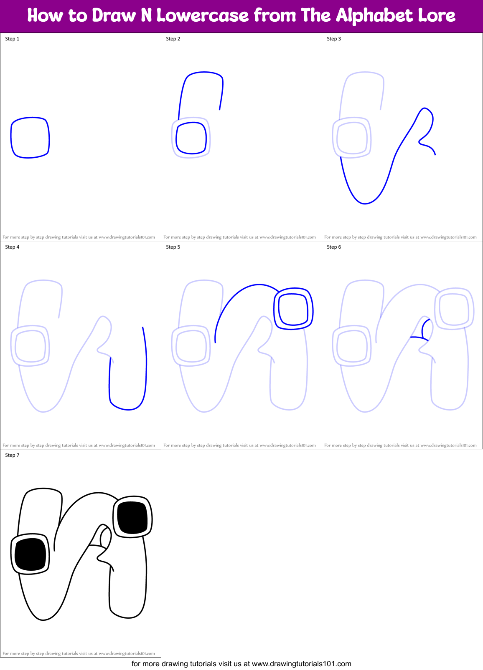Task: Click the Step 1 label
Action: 12,39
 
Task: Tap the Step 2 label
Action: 173,39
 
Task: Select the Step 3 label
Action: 334,39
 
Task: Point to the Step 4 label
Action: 12,247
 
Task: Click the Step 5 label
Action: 173,247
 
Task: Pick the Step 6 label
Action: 334,247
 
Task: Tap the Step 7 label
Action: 12,455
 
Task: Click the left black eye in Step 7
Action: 30,554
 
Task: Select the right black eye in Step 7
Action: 132,518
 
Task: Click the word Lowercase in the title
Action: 202,16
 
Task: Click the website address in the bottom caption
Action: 301,664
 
